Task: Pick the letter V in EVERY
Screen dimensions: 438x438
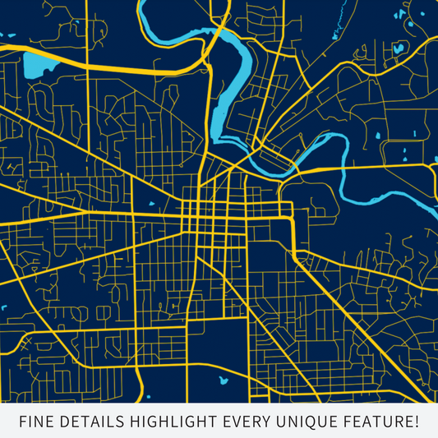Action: pyautogui.click(x=242, y=422)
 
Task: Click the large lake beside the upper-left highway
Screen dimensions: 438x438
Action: pyautogui.click(x=39, y=64)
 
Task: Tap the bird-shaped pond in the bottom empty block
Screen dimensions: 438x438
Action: pyautogui.click(x=222, y=380)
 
